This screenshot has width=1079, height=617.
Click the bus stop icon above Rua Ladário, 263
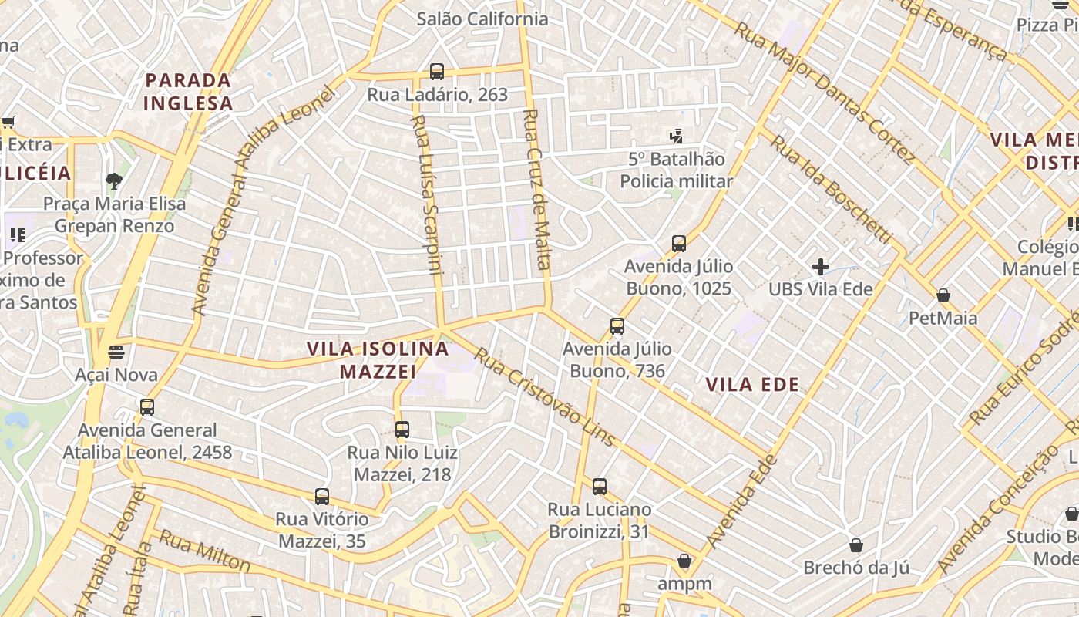[x=437, y=72]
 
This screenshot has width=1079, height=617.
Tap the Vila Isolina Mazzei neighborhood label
[x=378, y=359]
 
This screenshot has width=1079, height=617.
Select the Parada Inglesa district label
[x=188, y=91]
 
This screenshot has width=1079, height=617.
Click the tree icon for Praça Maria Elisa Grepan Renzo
[x=114, y=181]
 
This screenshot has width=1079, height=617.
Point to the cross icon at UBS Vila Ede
[x=821, y=267]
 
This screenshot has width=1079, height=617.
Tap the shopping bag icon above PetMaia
[x=943, y=295]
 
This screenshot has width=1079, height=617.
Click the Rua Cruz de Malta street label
[x=537, y=189]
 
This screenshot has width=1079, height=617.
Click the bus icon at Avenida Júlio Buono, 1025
[x=678, y=244]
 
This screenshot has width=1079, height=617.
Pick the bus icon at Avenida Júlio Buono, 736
[x=617, y=326]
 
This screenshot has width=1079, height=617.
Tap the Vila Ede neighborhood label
[x=752, y=384]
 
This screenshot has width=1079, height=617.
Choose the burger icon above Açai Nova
[x=116, y=352]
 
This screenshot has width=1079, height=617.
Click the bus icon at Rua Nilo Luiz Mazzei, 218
[x=402, y=430]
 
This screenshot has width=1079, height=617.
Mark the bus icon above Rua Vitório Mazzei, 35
[x=322, y=497]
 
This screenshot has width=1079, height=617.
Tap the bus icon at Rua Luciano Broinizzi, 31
[x=599, y=487]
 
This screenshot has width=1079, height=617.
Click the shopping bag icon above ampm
[x=684, y=561]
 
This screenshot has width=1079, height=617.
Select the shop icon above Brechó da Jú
[x=855, y=545]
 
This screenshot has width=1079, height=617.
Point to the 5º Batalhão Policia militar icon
[x=677, y=137]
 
